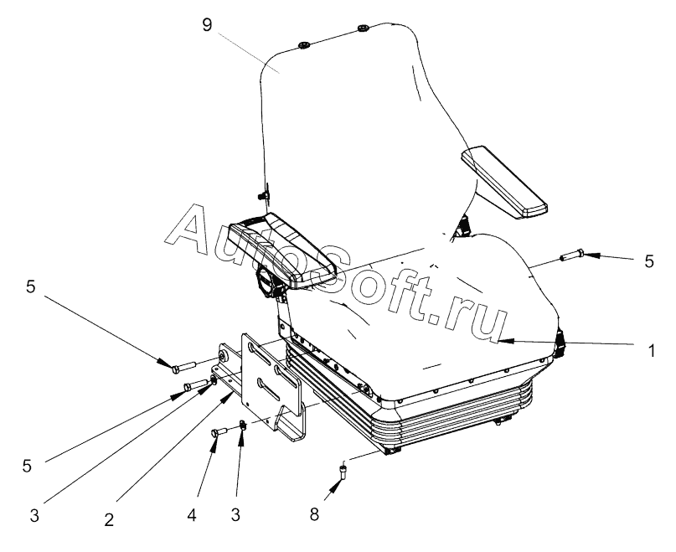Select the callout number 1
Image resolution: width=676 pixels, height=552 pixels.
point(652,353)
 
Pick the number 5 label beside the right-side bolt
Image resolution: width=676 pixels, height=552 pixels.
point(649,261)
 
